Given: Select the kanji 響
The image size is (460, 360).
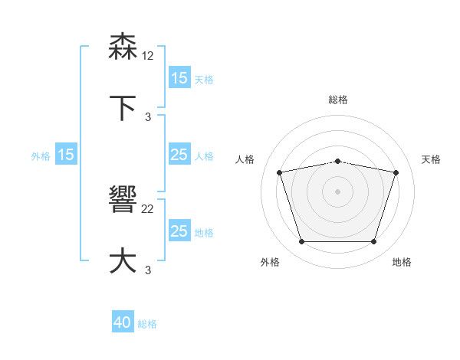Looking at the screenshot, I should (x=123, y=201).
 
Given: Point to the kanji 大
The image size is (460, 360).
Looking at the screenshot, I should (x=123, y=260).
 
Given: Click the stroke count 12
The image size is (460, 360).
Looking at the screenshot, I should (x=148, y=55).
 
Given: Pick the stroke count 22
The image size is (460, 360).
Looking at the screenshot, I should (x=148, y=208).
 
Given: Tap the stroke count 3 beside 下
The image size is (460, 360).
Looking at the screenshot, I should (x=148, y=116).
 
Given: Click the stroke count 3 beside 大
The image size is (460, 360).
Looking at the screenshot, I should (x=148, y=269).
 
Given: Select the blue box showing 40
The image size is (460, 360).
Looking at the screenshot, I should (x=123, y=323).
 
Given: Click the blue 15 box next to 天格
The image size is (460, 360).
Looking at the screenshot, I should (x=179, y=78).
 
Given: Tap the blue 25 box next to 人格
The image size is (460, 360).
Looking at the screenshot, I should (x=179, y=155).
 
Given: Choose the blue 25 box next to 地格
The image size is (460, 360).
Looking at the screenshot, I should (x=179, y=231).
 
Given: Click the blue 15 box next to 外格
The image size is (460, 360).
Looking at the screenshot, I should (x=66, y=155).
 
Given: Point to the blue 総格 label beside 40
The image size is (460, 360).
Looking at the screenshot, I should (x=147, y=324).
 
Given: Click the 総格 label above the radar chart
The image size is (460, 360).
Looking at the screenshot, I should (x=338, y=100).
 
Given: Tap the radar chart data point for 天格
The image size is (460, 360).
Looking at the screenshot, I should (x=396, y=172).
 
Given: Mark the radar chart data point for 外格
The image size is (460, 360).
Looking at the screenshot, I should (x=301, y=242).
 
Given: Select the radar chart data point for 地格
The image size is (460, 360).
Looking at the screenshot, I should (x=374, y=242).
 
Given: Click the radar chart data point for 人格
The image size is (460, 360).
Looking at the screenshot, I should (x=280, y=172).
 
